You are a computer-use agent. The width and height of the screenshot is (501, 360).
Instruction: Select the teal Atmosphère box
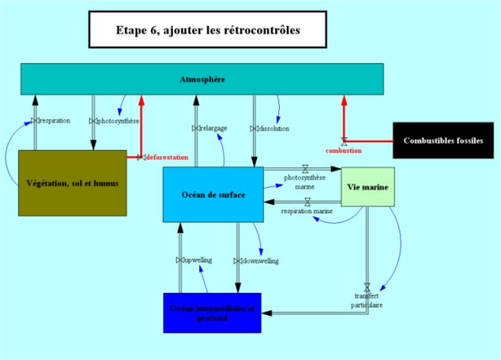click(202, 80)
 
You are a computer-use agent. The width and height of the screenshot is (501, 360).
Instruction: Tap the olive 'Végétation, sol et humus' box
click(72, 182)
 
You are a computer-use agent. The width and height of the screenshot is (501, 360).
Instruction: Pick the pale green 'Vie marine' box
click(367, 187)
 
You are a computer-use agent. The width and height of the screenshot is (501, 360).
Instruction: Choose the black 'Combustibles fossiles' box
click(442, 141)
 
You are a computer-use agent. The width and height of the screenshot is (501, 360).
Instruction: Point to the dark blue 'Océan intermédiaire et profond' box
click(212, 313)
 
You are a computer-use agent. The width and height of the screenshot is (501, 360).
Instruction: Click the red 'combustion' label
click(343, 150)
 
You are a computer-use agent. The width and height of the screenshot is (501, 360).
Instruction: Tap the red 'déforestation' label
click(167, 157)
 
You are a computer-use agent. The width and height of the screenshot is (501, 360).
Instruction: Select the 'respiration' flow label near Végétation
click(54, 121)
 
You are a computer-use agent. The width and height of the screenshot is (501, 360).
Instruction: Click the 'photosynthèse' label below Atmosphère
click(119, 121)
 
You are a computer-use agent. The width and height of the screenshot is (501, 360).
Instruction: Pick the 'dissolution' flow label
click(270, 128)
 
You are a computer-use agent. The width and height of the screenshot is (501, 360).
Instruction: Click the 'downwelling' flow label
click(259, 260)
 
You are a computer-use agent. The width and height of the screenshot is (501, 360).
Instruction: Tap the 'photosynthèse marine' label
click(305, 182)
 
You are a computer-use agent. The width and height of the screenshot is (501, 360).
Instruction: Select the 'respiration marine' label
click(307, 211)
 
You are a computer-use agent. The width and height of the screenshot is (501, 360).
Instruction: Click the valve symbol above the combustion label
click(343, 141)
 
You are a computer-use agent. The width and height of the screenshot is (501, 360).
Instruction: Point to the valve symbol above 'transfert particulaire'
click(367, 287)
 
